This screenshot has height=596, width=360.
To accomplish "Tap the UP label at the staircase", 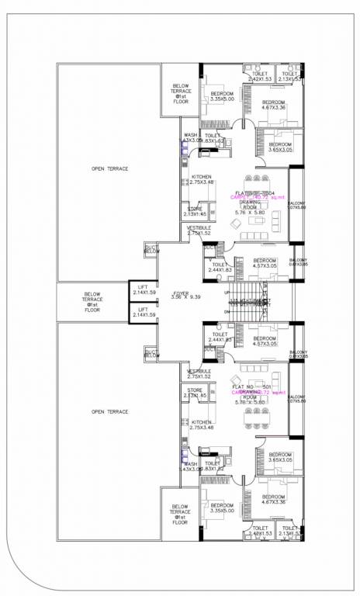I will tap(227, 293).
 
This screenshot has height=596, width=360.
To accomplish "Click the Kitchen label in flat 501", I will tap(201, 424).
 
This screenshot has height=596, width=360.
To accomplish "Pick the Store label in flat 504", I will tap(195, 210).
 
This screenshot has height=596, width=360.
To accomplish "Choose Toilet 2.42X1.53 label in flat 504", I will tap(260, 76).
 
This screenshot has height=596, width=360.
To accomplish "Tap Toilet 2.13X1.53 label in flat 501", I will tap(290, 532).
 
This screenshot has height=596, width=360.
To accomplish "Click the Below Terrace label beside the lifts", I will tap(92, 300).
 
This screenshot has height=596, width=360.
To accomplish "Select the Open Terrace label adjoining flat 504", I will tap(109, 168).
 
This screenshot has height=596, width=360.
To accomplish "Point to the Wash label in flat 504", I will tap(190, 137).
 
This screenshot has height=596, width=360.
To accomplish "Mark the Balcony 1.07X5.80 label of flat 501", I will tap(298, 398).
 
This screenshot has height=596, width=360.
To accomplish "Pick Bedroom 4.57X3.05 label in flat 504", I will tap(265, 263).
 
